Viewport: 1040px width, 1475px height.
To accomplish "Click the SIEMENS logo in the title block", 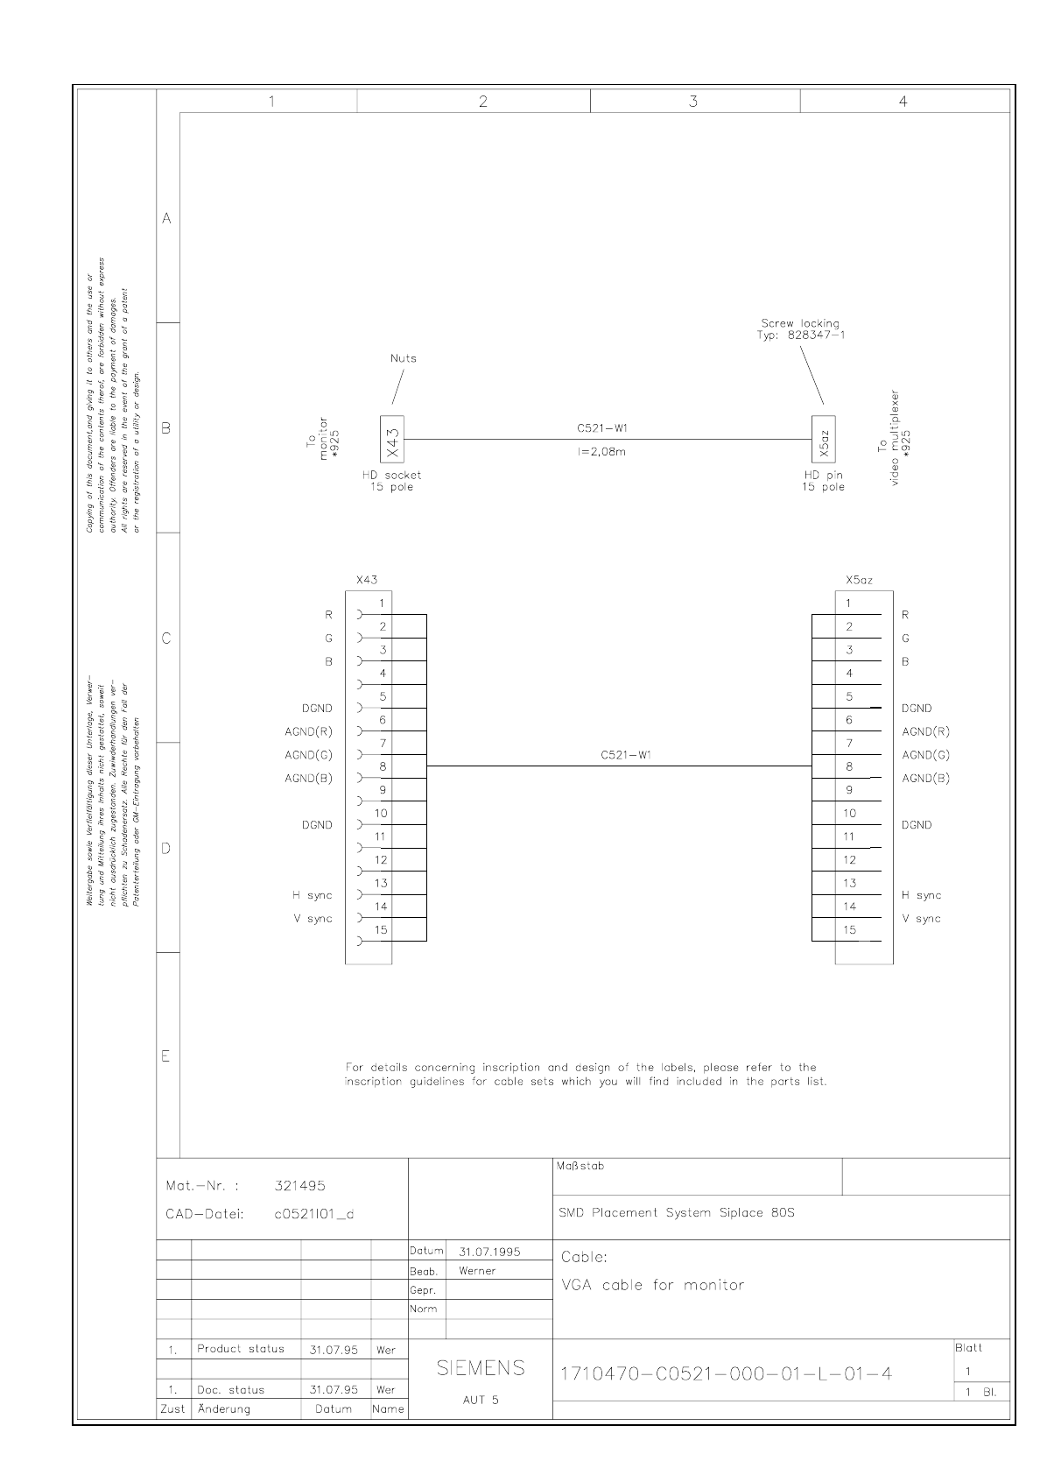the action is (481, 1367).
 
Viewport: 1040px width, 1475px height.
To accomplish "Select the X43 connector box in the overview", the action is (392, 439).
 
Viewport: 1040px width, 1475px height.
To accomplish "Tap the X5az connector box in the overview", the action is (823, 439).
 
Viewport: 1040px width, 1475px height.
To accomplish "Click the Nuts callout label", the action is (404, 358).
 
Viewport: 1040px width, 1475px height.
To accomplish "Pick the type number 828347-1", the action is (816, 335).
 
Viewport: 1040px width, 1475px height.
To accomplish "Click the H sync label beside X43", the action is (313, 895).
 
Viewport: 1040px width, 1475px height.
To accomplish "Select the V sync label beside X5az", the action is (922, 919).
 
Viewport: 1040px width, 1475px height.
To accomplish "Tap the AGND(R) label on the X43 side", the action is (309, 731).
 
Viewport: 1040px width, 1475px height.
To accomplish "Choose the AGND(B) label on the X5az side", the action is (926, 779).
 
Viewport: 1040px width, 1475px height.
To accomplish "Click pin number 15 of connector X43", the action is (381, 930).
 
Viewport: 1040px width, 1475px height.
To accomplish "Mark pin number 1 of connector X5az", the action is (847, 603).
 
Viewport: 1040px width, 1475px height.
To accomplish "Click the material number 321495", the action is (299, 1186).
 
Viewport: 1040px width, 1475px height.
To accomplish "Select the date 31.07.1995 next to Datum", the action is (489, 1252).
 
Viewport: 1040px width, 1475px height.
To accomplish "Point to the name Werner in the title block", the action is (477, 1271).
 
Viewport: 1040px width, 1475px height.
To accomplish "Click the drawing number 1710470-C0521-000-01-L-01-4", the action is (726, 1373).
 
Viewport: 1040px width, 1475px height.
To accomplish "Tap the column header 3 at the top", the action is (693, 102).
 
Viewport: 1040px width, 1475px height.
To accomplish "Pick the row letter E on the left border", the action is (165, 1056).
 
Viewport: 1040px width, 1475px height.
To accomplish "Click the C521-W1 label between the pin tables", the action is (626, 755).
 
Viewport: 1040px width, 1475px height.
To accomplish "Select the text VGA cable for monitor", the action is (652, 1286).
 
